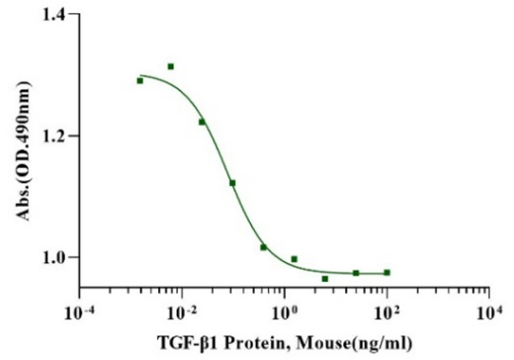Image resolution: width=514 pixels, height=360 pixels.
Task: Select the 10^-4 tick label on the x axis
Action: tap(80, 312)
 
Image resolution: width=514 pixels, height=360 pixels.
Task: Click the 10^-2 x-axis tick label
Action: tap(182, 312)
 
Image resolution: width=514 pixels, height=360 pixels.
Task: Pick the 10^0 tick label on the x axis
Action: tap(286, 312)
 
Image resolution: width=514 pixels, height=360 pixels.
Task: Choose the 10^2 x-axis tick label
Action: tap(388, 312)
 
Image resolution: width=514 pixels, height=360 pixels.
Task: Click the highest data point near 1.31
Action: tap(171, 66)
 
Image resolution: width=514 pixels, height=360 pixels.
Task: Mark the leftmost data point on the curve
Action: tap(140, 81)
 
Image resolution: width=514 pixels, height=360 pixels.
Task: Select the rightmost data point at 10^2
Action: tap(387, 273)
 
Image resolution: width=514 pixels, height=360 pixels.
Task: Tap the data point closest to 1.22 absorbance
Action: tap(202, 122)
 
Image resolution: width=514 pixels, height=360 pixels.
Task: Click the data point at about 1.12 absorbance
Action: tap(232, 183)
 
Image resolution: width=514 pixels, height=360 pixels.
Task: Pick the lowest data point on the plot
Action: tap(325, 278)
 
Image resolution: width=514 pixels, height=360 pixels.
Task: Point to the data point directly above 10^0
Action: tap(294, 259)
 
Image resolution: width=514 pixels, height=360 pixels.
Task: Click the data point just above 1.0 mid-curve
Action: tap(263, 247)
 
